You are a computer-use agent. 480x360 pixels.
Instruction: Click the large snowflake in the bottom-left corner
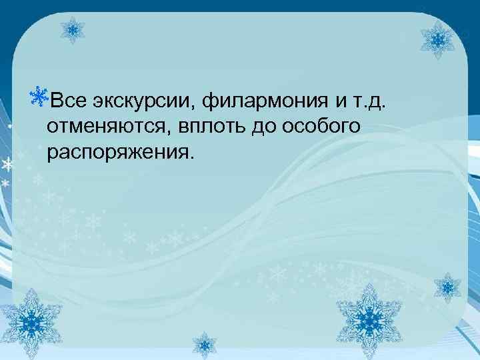31,321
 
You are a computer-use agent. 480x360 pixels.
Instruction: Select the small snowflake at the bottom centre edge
205,345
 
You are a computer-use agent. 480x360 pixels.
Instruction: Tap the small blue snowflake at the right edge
447,288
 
